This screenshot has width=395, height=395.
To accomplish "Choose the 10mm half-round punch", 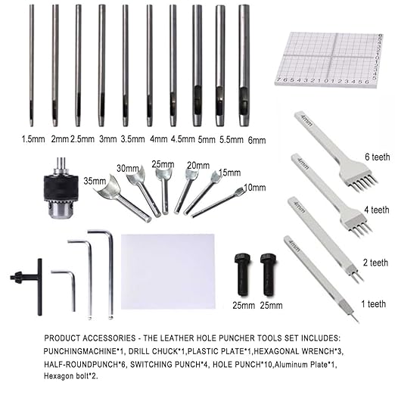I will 220,202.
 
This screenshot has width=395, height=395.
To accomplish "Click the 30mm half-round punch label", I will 128,168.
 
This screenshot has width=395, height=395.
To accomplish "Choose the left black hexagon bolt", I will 244,268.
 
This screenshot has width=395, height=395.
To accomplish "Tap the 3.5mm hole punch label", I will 133,139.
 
